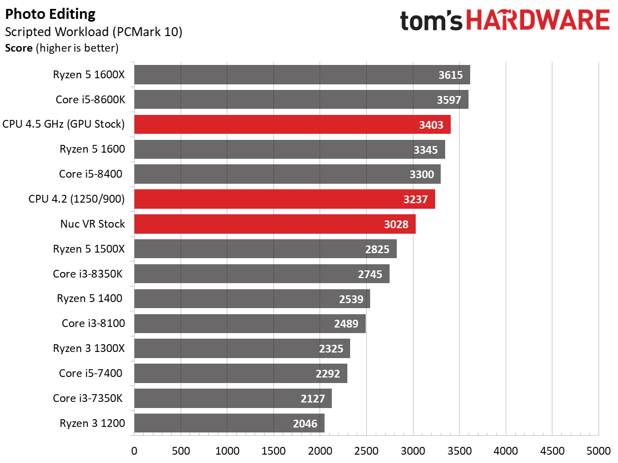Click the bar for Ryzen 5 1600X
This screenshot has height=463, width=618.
(x=302, y=75)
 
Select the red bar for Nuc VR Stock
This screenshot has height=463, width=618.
(x=275, y=224)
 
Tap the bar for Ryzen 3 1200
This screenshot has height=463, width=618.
(x=230, y=423)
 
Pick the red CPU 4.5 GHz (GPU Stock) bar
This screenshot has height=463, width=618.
(x=292, y=124)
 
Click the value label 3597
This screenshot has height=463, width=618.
(x=448, y=100)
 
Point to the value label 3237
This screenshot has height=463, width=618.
(x=415, y=199)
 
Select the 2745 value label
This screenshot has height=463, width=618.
(x=370, y=274)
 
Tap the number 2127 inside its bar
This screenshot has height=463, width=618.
(x=312, y=399)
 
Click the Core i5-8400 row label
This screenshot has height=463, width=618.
(x=91, y=174)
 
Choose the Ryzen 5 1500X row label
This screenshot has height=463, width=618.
(x=89, y=249)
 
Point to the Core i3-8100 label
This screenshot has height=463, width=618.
(x=93, y=323)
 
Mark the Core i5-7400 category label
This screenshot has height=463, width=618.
(x=91, y=373)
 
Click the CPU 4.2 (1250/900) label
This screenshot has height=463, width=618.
(x=77, y=199)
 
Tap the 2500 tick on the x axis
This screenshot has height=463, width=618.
(x=366, y=451)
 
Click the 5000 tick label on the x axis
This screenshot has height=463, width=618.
(x=599, y=451)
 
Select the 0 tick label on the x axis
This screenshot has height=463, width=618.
(x=134, y=451)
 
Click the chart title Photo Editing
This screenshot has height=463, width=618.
(x=50, y=14)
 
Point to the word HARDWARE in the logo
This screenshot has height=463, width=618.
(x=539, y=21)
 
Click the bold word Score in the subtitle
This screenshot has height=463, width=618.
(x=18, y=48)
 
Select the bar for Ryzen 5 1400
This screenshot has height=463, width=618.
(x=252, y=299)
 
